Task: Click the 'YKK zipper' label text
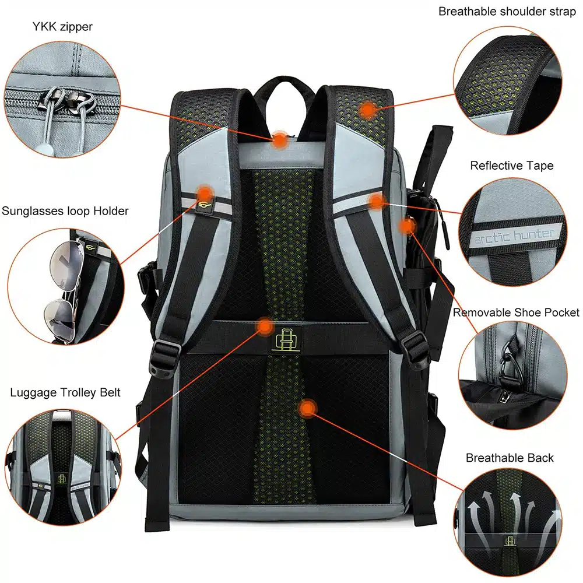(x=62, y=27)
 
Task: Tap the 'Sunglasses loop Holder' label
(x=65, y=211)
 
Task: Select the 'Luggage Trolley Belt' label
(x=65, y=392)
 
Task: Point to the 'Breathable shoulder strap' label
(x=507, y=12)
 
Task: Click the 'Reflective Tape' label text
(x=512, y=166)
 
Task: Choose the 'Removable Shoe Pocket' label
(x=516, y=312)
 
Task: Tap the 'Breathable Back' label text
(x=510, y=458)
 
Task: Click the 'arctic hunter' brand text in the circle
(x=515, y=235)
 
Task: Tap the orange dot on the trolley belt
(x=265, y=326)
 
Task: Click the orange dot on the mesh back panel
(x=307, y=408)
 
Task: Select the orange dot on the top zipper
(x=280, y=140)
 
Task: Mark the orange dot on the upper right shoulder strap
(x=368, y=110)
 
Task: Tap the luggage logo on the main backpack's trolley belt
(x=285, y=340)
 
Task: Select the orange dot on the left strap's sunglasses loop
(x=204, y=194)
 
